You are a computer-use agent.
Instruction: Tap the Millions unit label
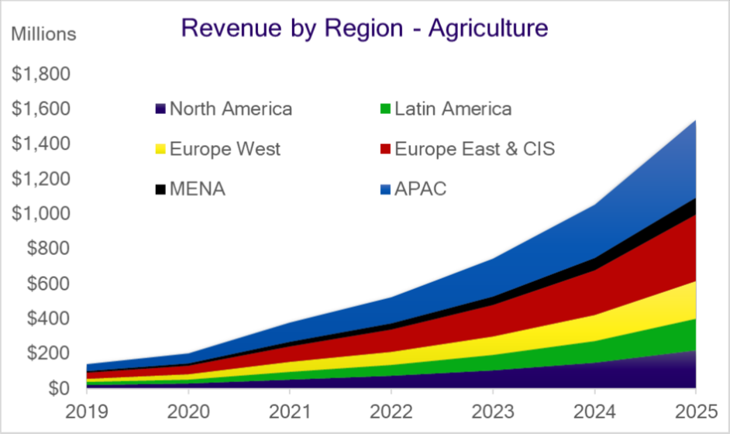coord(43,34)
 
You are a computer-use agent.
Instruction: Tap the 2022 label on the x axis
coord(391,408)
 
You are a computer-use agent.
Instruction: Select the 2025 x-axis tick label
coord(694,408)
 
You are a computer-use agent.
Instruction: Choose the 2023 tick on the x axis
coord(492,408)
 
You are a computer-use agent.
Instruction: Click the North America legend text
coord(230,108)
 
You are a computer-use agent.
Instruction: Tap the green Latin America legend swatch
coord(384,109)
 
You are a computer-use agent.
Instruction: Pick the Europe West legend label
coord(225,149)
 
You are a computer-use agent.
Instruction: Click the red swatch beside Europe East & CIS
coord(384,150)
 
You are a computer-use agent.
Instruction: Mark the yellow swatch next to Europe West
coord(160,150)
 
